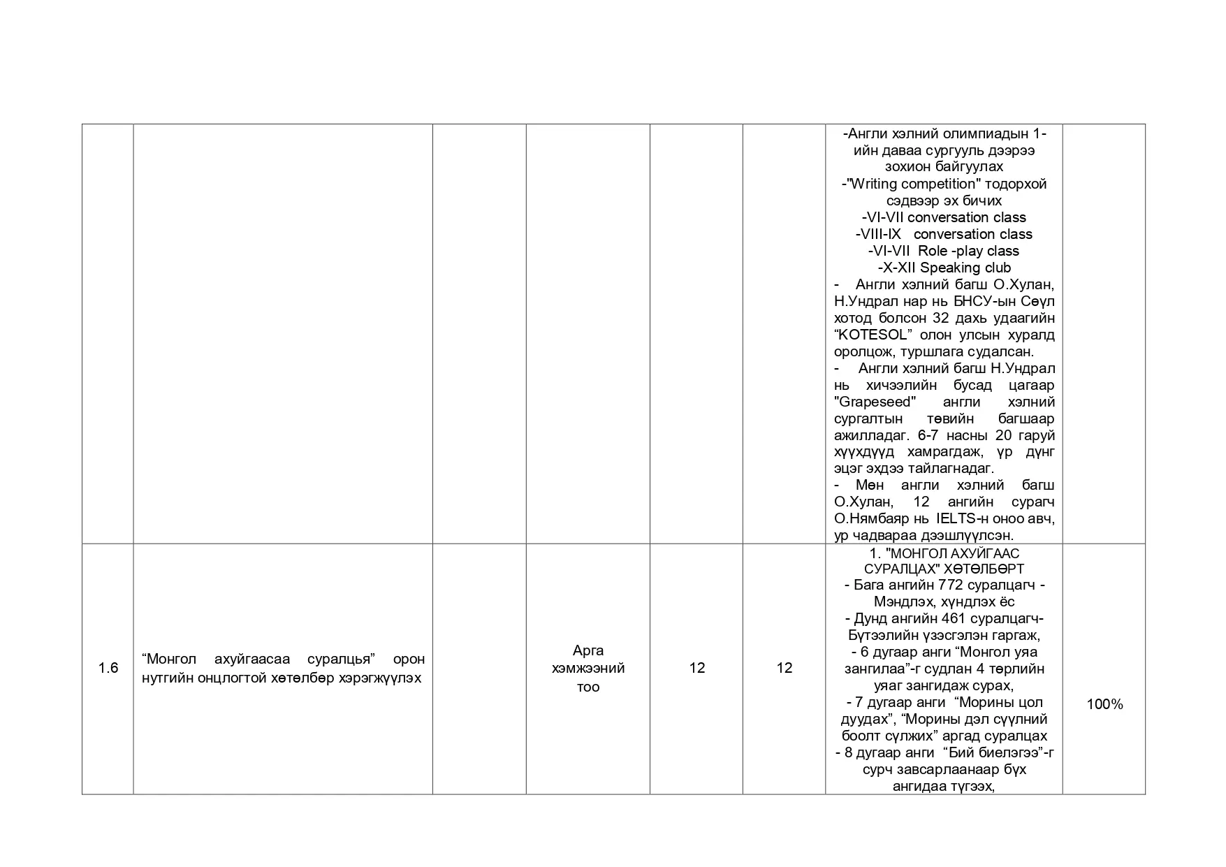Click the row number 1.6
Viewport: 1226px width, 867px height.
108,668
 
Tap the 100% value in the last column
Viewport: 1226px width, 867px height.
1104,704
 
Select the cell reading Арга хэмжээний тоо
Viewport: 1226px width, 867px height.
588,669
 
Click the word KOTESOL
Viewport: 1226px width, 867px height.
874,335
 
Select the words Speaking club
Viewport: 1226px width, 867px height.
965,268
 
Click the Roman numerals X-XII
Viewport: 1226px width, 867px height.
900,268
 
